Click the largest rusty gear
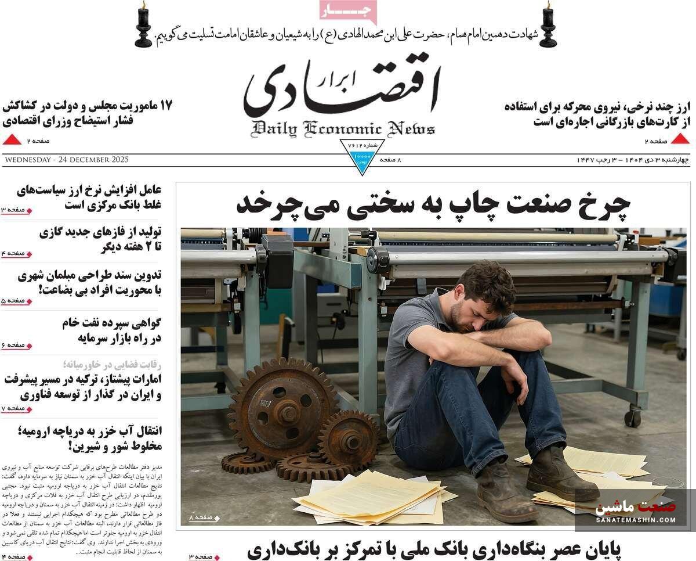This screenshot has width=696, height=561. (x=283, y=408)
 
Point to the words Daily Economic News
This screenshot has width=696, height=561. (x=343, y=128)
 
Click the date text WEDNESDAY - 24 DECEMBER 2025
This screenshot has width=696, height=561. (x=66, y=160)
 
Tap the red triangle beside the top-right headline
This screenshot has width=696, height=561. (x=680, y=139)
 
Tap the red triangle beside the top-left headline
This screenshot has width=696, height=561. (x=12, y=139)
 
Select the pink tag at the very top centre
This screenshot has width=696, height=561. (x=348, y=11)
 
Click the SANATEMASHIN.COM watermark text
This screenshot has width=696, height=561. (x=635, y=519)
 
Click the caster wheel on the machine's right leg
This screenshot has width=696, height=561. (x=632, y=417)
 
